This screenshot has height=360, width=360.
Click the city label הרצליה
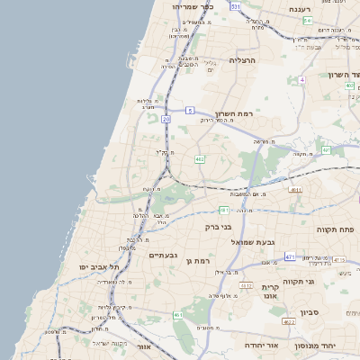tap(243, 60)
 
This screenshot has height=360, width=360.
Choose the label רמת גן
tap(197, 260)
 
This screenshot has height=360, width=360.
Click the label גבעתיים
tap(165, 256)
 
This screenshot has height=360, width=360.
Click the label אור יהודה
tap(262, 345)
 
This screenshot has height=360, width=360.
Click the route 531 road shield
tap(235, 6)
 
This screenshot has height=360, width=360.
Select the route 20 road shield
tap(166, 118)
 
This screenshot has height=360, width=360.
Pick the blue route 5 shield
tap(190, 110)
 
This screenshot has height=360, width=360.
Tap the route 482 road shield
tap(199, 159)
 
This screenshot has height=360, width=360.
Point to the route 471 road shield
tap(289, 256)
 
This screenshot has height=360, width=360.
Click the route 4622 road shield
tap(288, 321)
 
